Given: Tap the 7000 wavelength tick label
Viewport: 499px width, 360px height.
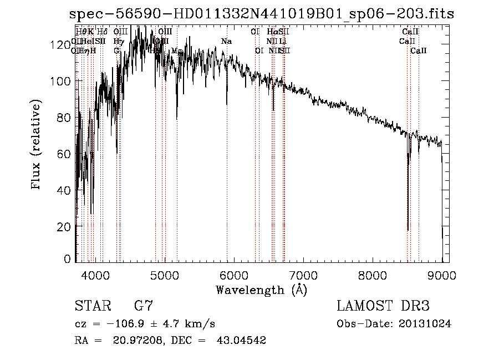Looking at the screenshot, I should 303,275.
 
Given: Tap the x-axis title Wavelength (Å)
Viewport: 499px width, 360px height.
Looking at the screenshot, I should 261,290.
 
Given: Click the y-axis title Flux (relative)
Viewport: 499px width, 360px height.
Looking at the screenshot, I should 37,146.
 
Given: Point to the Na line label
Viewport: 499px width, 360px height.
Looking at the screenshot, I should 226,42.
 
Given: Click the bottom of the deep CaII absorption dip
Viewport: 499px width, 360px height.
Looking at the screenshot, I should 408,229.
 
